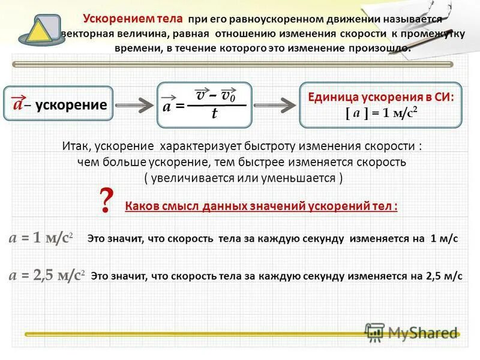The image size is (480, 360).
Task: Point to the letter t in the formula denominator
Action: coord(214,115)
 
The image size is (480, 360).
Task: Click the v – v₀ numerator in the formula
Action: coord(215,95)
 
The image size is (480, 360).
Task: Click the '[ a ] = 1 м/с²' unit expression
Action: coord(381,113)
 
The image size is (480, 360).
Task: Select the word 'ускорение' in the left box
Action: coord(71,105)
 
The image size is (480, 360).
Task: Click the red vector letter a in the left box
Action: coord(19,104)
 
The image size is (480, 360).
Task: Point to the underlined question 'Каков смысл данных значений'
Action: coord(261,206)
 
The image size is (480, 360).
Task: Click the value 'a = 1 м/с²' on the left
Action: coord(40,238)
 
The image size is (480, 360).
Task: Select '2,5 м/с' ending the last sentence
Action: coord(444,277)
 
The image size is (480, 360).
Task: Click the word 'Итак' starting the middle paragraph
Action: coord(76,146)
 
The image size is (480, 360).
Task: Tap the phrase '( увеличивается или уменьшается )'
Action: coord(243,178)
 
